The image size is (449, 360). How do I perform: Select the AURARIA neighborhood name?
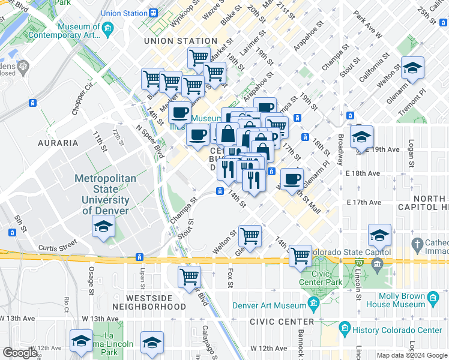(x=58, y=143)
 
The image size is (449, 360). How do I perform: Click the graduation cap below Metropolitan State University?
(x=103, y=227)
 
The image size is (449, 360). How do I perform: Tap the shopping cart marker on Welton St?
(x=250, y=235)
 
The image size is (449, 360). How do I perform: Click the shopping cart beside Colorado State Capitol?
(x=300, y=256)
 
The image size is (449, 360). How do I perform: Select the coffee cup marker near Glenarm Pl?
(x=292, y=179)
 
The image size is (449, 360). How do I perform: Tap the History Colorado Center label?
(x=397, y=330)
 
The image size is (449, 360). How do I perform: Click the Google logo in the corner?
(x=20, y=353)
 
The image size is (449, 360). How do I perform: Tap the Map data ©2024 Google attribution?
(x=412, y=355)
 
